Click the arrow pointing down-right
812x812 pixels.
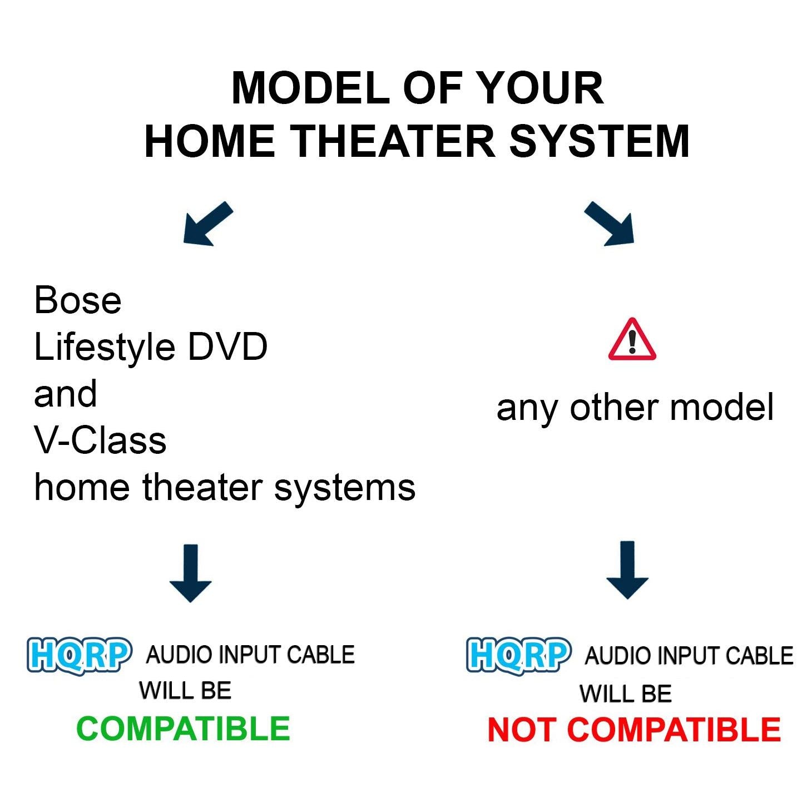(610, 224)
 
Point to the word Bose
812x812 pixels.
(78, 300)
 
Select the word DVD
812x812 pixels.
(227, 347)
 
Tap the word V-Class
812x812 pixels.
(100, 440)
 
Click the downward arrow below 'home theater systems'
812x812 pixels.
(190, 573)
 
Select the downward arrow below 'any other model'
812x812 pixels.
(627, 570)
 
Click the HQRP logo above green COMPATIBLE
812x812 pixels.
(79, 656)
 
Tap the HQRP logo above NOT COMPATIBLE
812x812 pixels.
(519, 656)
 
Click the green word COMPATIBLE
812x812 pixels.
(184, 729)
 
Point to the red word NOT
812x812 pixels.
(521, 730)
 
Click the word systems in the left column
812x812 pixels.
(345, 489)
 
